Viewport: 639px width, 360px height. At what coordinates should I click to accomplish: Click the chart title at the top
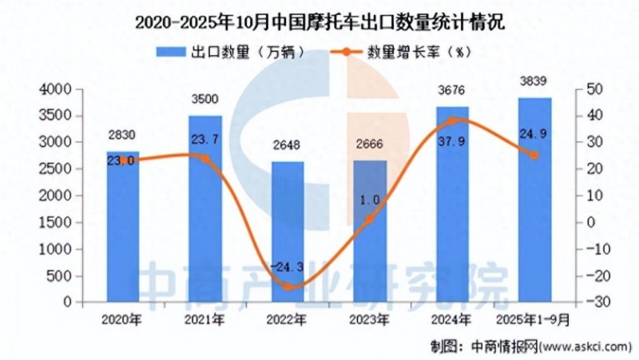pos(319,22)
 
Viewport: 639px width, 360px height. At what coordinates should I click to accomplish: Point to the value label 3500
pos(204,100)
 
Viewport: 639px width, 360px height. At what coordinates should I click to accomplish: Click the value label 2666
pos(369,145)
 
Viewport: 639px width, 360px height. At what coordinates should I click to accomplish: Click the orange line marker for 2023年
pos(370,217)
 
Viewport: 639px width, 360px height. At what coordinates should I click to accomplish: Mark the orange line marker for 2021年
pos(205,158)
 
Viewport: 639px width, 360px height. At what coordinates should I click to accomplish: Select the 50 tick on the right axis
pos(594,89)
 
